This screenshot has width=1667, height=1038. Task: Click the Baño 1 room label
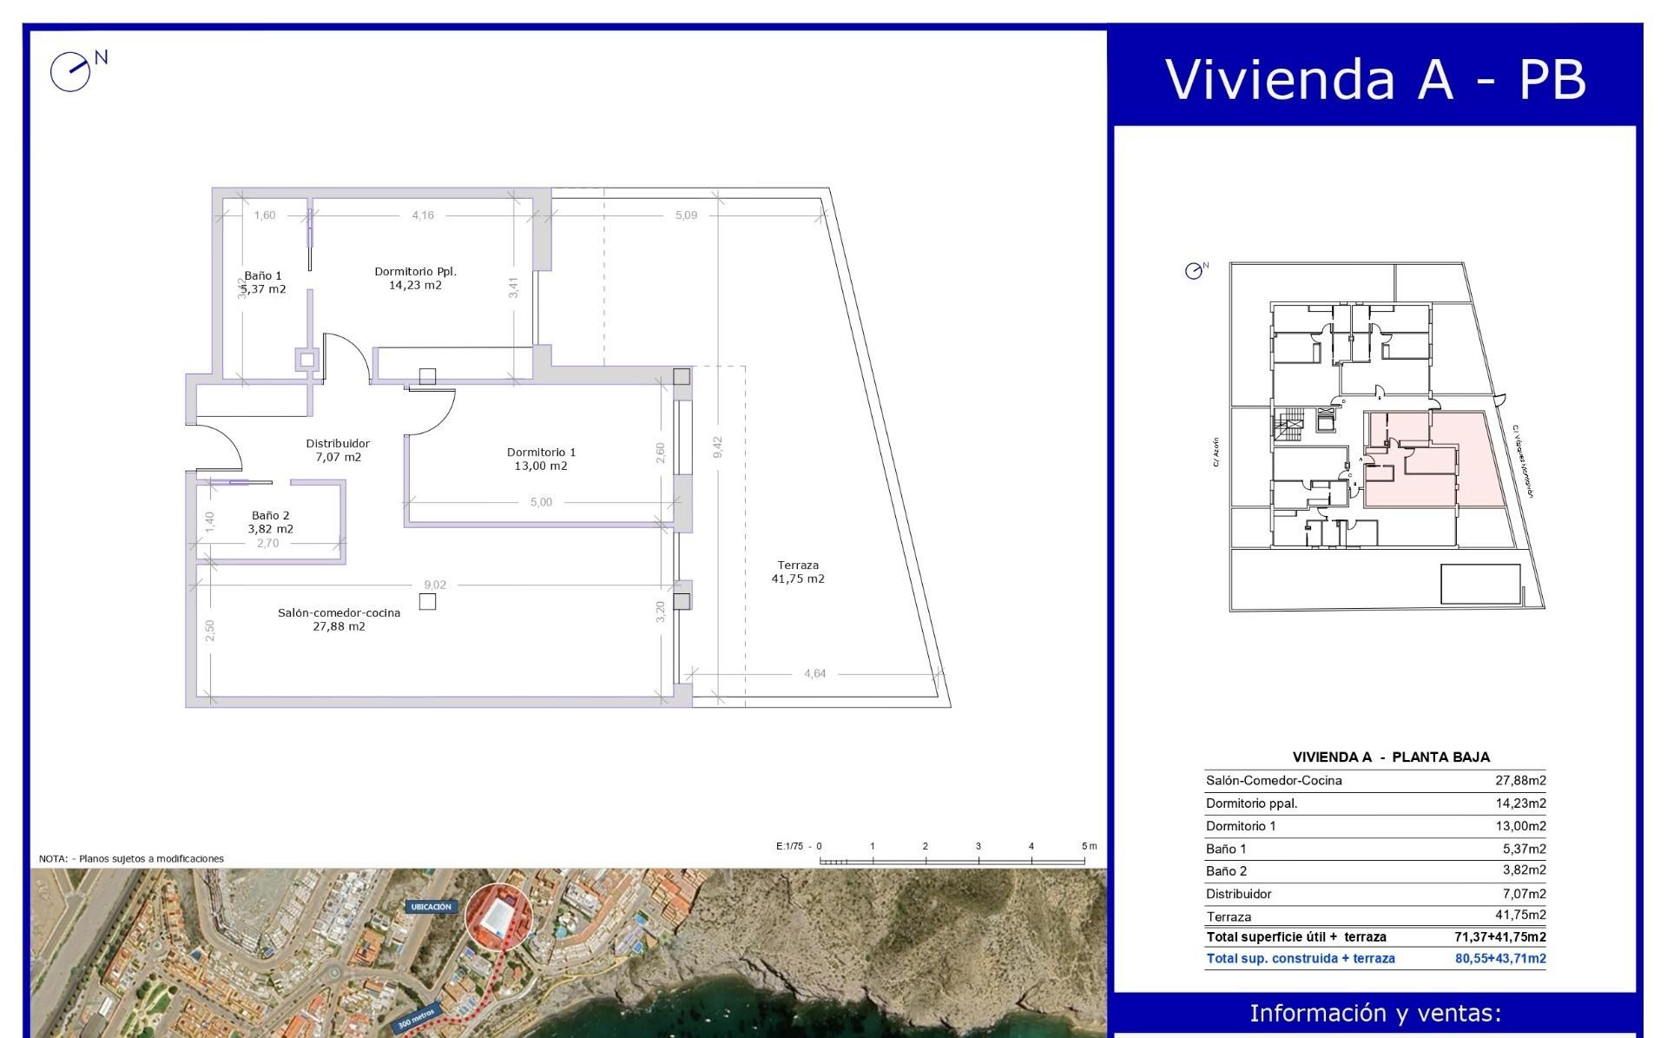[x=262, y=276]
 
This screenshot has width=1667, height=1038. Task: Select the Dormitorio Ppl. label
[x=415, y=272]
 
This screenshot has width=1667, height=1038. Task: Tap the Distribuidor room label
[x=338, y=444]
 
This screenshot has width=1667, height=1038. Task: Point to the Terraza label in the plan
[x=798, y=565]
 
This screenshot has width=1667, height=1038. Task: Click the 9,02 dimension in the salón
[x=435, y=585]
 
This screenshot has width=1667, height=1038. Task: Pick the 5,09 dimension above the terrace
[x=686, y=215]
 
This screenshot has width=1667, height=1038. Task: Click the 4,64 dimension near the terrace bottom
[x=814, y=674]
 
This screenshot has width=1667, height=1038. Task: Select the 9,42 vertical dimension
[x=718, y=447]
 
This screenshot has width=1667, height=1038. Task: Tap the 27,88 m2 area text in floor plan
[x=339, y=627]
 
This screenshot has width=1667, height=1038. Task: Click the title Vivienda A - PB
[x=1375, y=79]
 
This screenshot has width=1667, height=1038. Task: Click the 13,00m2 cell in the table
[x=1520, y=826]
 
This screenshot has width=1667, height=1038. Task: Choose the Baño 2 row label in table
[x=1226, y=871]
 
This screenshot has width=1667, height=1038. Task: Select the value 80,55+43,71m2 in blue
[x=1500, y=959]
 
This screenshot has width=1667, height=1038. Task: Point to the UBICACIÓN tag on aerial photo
[x=431, y=907]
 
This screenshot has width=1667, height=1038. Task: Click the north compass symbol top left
[x=71, y=71]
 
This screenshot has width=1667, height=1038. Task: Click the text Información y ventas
[x=1374, y=1014]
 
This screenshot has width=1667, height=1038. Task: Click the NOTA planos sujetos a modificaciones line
[x=131, y=859]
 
